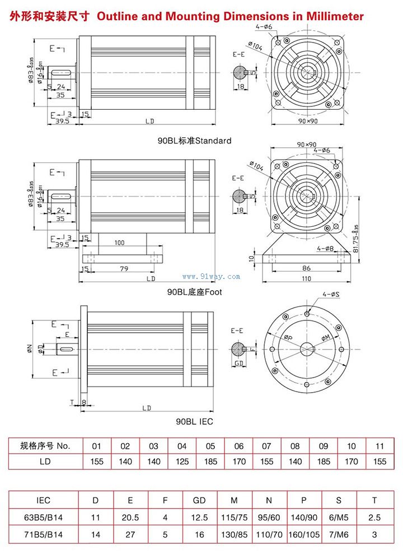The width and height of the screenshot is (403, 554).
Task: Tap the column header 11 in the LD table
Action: pos(380,446)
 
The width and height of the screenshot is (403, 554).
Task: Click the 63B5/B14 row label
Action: pos(43,518)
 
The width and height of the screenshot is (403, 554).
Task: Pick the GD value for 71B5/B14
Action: pos(199,535)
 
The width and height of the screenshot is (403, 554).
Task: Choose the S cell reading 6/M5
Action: pos(339,518)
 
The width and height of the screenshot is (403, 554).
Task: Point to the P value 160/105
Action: pos(303,535)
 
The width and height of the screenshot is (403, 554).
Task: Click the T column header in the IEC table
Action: pos(374,500)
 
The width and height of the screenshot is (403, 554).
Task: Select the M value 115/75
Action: pos(234,518)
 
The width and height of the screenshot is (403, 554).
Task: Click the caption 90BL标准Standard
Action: pos(194,141)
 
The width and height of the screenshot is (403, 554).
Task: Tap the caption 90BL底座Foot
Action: pos(194,292)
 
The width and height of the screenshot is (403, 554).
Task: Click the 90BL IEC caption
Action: pos(194,421)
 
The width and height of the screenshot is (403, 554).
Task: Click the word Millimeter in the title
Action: pos(335,16)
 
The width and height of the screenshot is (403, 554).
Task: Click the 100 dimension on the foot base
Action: pos(119,243)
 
